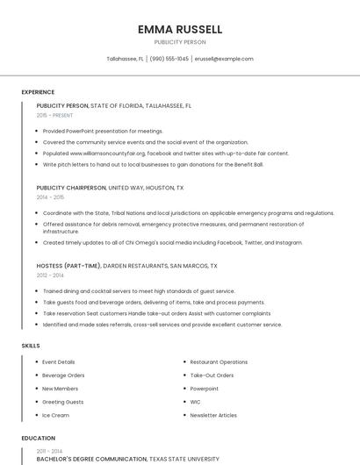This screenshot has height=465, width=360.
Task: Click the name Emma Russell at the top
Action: coord(180,29)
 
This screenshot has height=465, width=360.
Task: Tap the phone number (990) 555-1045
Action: coord(169,59)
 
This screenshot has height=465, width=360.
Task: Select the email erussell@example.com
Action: coord(224,59)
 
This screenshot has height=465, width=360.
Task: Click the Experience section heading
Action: coord(38,91)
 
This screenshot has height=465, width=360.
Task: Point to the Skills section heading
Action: coord(31,346)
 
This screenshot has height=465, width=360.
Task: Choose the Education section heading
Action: coord(38,438)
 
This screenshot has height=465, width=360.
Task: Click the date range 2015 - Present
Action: coord(54,115)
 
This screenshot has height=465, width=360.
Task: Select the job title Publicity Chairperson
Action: coord(70,188)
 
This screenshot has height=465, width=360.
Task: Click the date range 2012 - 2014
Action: coord(51,275)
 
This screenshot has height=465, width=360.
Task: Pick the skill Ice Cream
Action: coord(55,415)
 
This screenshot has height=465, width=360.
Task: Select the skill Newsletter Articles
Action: coord(213,415)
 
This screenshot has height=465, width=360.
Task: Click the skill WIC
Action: coord(196,402)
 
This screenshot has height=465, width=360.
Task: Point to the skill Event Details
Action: coord(59,362)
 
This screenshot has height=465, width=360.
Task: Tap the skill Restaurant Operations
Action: coord(219,362)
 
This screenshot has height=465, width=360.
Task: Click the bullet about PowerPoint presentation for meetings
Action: coord(103,131)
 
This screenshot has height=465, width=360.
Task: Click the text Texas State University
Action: coord(184,459)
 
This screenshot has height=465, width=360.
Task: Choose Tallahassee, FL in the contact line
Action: coord(125,59)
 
